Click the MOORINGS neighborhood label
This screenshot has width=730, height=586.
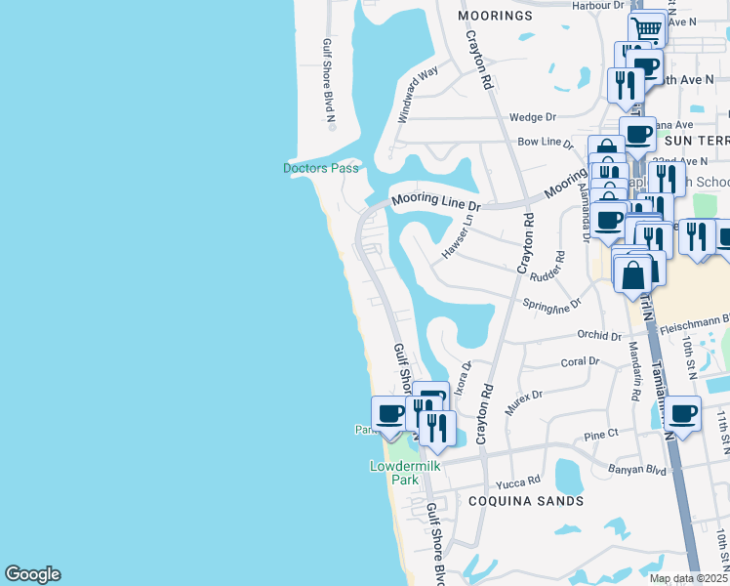pos(496,17)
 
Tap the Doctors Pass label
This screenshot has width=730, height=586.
pos(321,168)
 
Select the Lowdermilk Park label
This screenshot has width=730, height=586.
pos(405,473)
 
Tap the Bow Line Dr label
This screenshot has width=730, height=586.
pos(545,143)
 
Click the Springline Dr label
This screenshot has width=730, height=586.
pos(552,305)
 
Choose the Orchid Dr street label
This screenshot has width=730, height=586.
pos(599,335)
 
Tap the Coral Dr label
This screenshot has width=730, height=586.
pos(580,360)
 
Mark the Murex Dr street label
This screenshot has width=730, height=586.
pos(523,400)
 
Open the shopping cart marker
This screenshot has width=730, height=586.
pos(646,28)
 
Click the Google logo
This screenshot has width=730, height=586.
pos(32,574)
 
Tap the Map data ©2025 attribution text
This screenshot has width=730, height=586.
pos(688,578)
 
